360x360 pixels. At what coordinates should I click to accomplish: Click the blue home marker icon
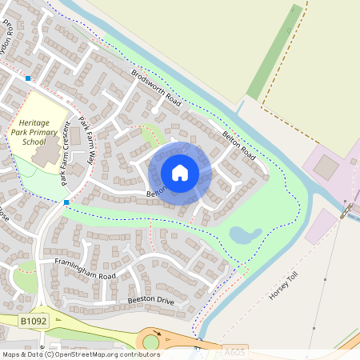(180, 172)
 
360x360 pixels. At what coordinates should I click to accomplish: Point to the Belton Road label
(238, 145)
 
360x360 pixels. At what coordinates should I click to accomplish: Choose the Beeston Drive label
(150, 300)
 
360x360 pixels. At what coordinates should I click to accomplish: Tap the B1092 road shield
(31, 320)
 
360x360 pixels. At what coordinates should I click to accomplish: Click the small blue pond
(245, 234)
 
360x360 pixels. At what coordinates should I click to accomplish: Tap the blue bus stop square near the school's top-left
(28, 78)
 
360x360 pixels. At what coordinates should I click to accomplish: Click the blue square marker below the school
(66, 202)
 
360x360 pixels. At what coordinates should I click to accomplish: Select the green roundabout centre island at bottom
(151, 343)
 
